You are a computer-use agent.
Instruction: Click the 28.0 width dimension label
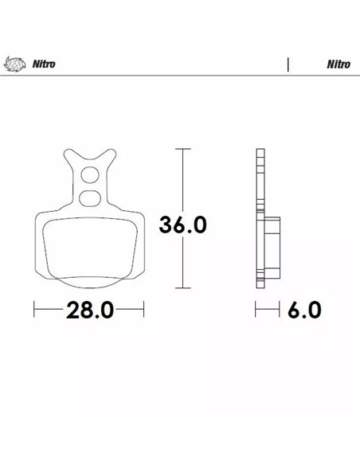89,310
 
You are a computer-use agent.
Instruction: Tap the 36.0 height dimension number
183,225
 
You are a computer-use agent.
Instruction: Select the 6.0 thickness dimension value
303,310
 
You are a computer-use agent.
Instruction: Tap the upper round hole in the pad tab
90,175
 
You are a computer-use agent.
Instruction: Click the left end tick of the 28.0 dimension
35,310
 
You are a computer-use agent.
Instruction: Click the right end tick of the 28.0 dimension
143,310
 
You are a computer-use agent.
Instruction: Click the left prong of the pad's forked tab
69,157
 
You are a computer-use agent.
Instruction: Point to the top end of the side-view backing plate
260,151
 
